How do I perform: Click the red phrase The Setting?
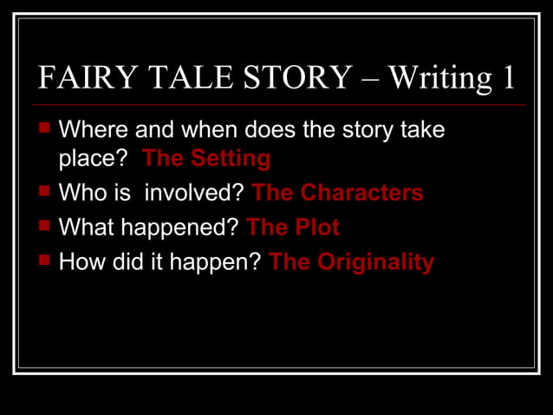[x=206, y=159]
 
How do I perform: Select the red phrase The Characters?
[x=337, y=193]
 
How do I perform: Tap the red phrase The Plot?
[x=293, y=227]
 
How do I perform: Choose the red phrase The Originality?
[x=351, y=262]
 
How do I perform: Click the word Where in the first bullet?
[x=92, y=131]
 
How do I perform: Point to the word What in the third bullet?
[x=84, y=227]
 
